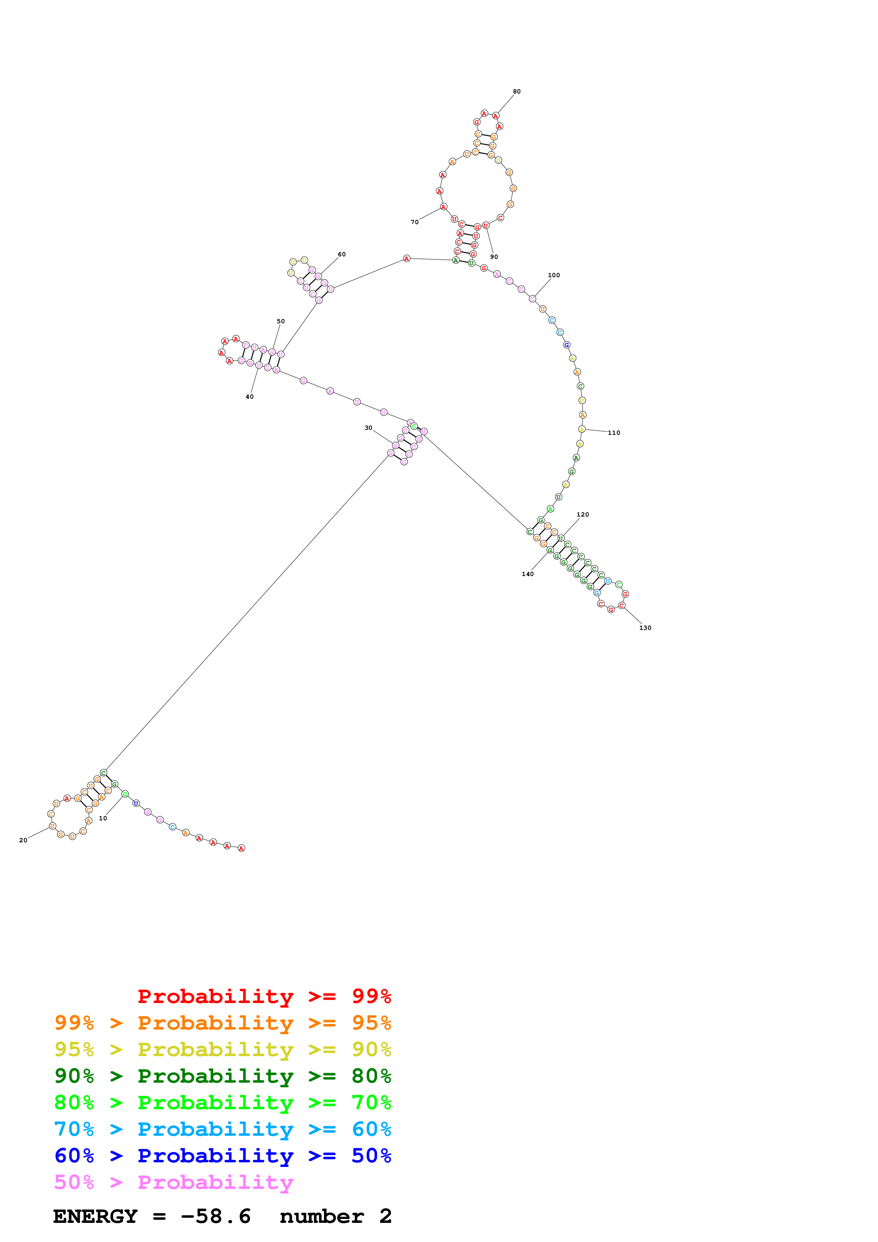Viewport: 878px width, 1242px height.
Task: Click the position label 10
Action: point(103,819)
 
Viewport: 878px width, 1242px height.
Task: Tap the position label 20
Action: point(23,840)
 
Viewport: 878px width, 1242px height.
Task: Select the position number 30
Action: point(368,428)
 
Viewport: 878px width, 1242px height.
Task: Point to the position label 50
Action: point(281,321)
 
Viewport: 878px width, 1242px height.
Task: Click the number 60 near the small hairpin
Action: point(342,254)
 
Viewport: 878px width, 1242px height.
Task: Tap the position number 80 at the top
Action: point(517,91)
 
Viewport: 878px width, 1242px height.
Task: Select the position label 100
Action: point(554,275)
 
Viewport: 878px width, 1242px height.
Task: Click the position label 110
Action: point(614,433)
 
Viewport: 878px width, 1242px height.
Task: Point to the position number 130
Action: point(645,628)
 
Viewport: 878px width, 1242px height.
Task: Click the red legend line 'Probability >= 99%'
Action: point(264,996)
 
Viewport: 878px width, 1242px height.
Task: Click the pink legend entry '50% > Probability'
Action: point(174,1182)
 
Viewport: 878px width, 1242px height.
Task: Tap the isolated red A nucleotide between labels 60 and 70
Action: point(407,258)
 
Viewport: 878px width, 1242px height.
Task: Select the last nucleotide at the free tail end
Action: point(242,848)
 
